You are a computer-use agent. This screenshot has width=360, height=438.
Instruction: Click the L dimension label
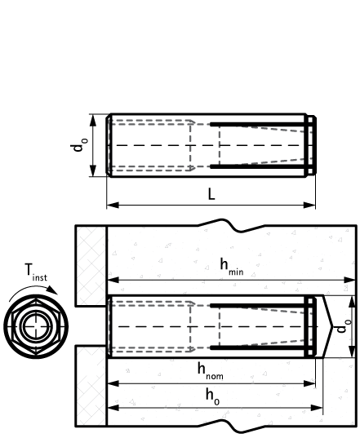(211, 194)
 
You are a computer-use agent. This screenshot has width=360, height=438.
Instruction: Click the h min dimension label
(232, 267)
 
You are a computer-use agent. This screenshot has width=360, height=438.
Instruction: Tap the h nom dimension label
(211, 371)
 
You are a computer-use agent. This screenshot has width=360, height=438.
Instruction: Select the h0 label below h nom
(212, 396)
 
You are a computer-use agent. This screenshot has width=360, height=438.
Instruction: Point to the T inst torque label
(36, 272)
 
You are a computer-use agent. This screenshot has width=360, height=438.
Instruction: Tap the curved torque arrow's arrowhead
(52, 290)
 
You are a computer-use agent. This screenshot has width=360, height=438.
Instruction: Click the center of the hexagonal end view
(36, 326)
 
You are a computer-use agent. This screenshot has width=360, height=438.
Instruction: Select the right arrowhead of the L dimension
(309, 206)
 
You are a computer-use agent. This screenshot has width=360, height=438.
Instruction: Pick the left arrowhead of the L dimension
(113, 206)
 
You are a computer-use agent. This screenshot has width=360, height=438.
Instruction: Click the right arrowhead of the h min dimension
(349, 280)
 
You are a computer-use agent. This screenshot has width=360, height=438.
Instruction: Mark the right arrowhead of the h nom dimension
(309, 383)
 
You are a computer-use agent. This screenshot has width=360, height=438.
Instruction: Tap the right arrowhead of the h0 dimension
(317, 408)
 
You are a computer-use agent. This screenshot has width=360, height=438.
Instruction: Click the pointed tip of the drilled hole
(332, 326)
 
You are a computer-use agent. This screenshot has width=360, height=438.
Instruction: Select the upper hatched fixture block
(91, 265)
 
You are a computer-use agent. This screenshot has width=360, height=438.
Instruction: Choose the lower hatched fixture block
(91, 386)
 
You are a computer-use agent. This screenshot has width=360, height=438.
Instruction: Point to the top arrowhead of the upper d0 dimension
(93, 121)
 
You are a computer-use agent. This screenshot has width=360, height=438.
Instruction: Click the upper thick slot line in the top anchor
(257, 124)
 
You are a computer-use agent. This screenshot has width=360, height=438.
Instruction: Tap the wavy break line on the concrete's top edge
(232, 225)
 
